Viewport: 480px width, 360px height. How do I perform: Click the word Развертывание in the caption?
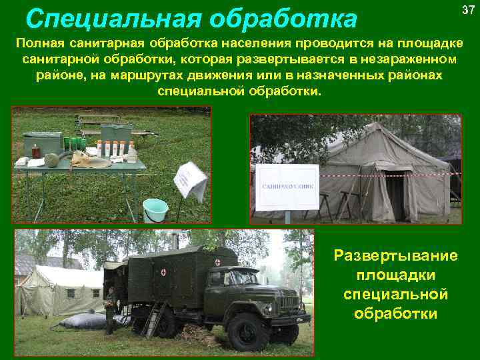coord(395,256)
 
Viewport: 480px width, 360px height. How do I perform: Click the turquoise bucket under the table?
coord(155,209)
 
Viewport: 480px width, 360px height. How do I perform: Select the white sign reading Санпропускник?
coord(287,187)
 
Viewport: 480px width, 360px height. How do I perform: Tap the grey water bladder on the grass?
coord(83,322)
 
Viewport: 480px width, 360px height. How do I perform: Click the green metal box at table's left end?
coord(41,143)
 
